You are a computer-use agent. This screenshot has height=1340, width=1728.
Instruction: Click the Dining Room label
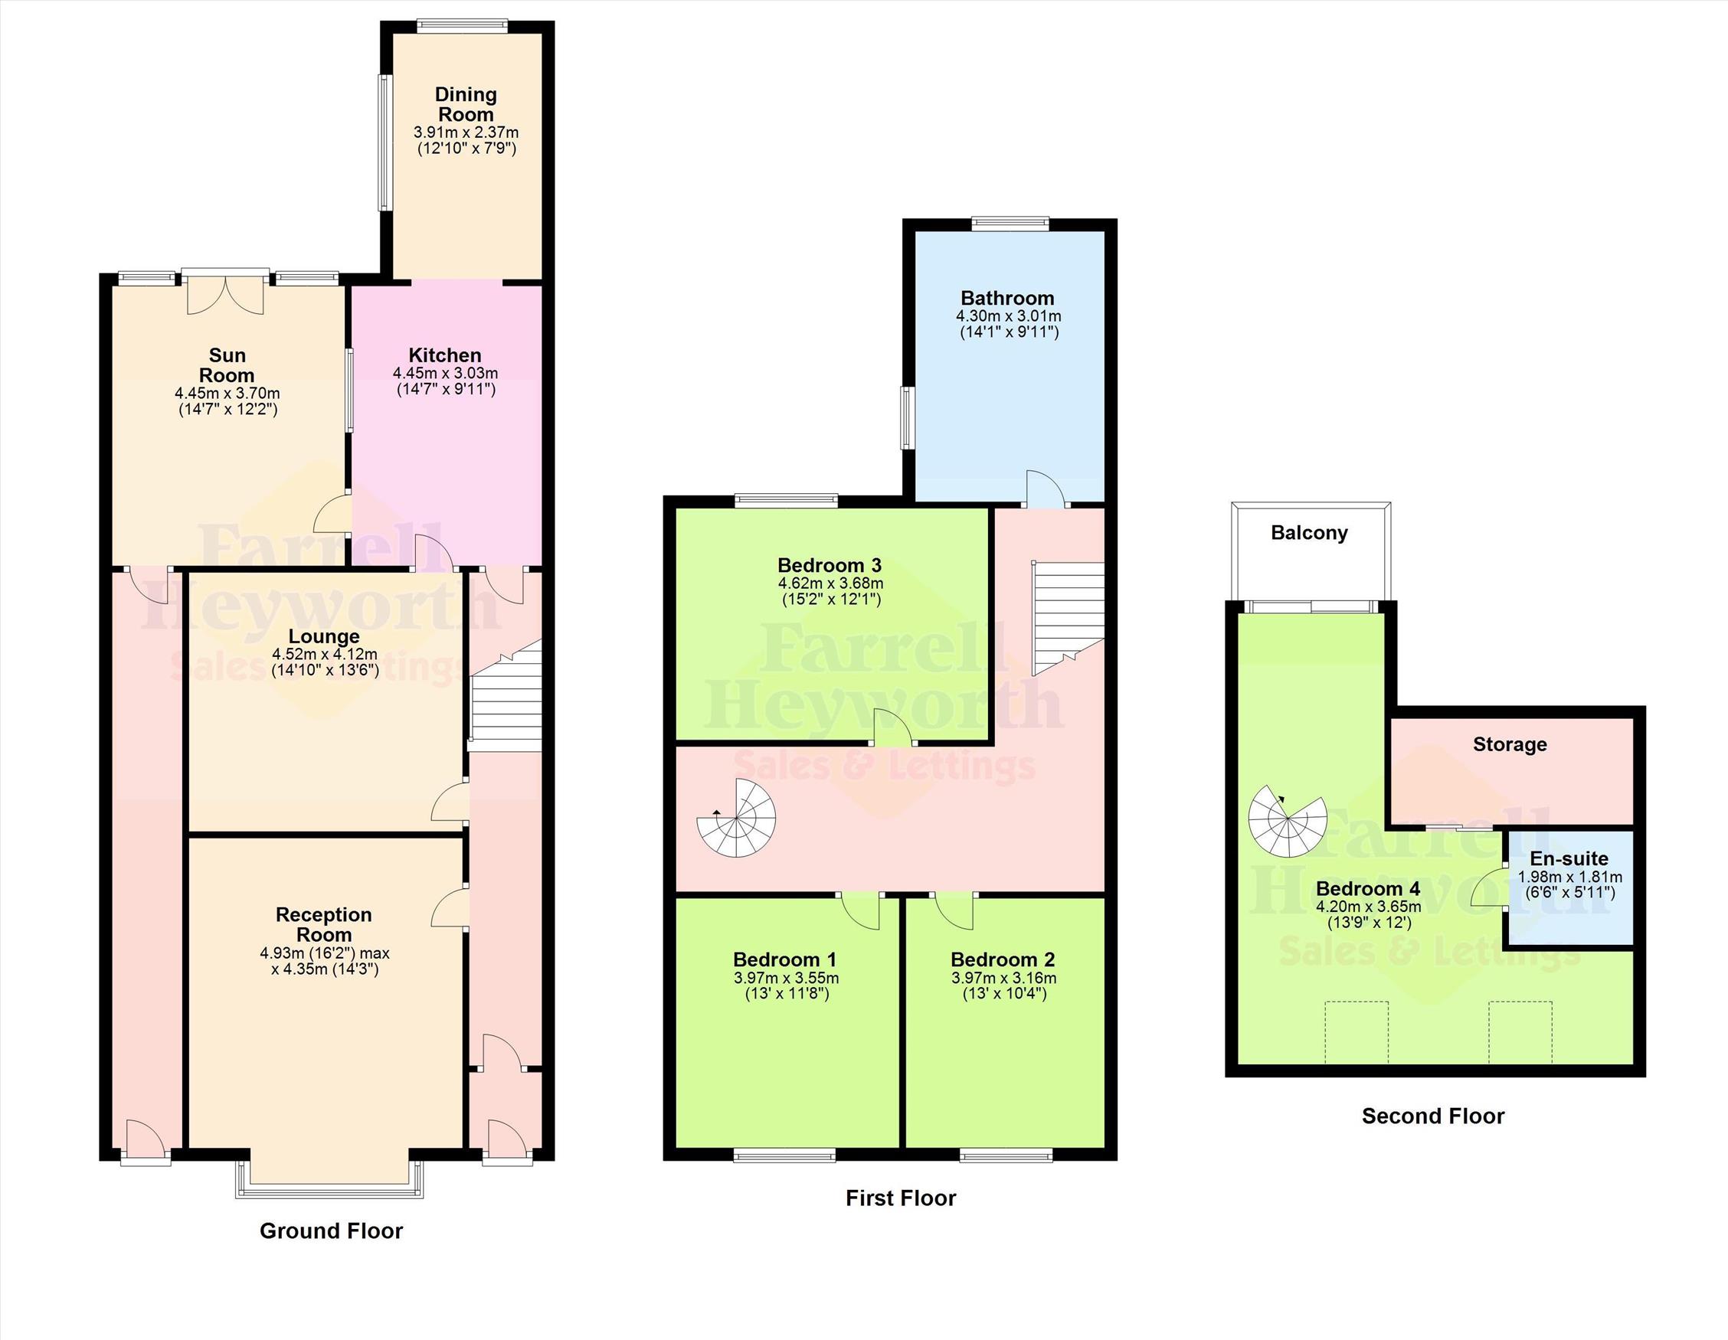tap(466, 104)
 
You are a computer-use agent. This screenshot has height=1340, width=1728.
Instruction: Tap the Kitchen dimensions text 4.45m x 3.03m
tap(446, 373)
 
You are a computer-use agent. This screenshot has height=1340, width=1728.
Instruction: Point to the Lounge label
tap(323, 636)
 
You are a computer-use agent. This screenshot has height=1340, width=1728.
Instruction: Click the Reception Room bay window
tap(331, 1178)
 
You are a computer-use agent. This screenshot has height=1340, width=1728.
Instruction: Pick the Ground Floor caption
tap(332, 1231)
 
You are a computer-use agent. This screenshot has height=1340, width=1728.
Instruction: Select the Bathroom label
tap(1007, 298)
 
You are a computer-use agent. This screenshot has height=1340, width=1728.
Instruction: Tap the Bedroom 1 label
tap(785, 959)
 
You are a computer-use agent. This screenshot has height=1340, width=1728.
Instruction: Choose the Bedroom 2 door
tap(954, 910)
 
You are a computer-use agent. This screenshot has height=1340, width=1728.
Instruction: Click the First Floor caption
tap(901, 1198)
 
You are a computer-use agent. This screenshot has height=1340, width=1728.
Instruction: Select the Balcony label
tap(1310, 533)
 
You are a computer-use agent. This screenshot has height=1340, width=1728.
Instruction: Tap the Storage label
tap(1510, 744)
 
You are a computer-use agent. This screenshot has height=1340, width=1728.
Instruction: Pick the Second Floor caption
tap(1433, 1116)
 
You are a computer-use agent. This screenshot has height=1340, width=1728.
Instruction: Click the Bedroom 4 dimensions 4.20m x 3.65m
tap(1368, 907)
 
